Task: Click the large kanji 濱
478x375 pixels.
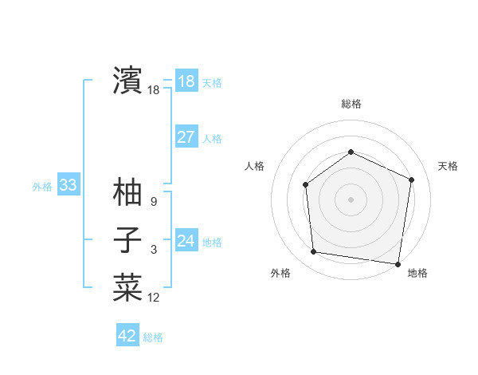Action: [127, 80]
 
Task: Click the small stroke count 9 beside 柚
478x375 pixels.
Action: [154, 202]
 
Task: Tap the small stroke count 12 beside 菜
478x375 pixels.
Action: [154, 298]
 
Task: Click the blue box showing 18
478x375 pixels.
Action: [186, 81]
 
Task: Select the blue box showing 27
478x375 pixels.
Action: [186, 137]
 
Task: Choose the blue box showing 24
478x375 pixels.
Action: [186, 241]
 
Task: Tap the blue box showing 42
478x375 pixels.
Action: [127, 336]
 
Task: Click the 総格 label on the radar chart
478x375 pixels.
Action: [351, 104]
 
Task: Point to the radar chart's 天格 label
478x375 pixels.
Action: [448, 166]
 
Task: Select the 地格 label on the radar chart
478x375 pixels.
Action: [417, 273]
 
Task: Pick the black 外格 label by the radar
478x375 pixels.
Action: [280, 273]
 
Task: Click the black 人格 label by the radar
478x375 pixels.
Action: [254, 166]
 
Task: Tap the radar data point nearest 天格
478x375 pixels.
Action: [412, 180]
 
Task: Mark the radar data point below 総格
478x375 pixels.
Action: [351, 152]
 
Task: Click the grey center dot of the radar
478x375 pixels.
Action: [351, 199]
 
